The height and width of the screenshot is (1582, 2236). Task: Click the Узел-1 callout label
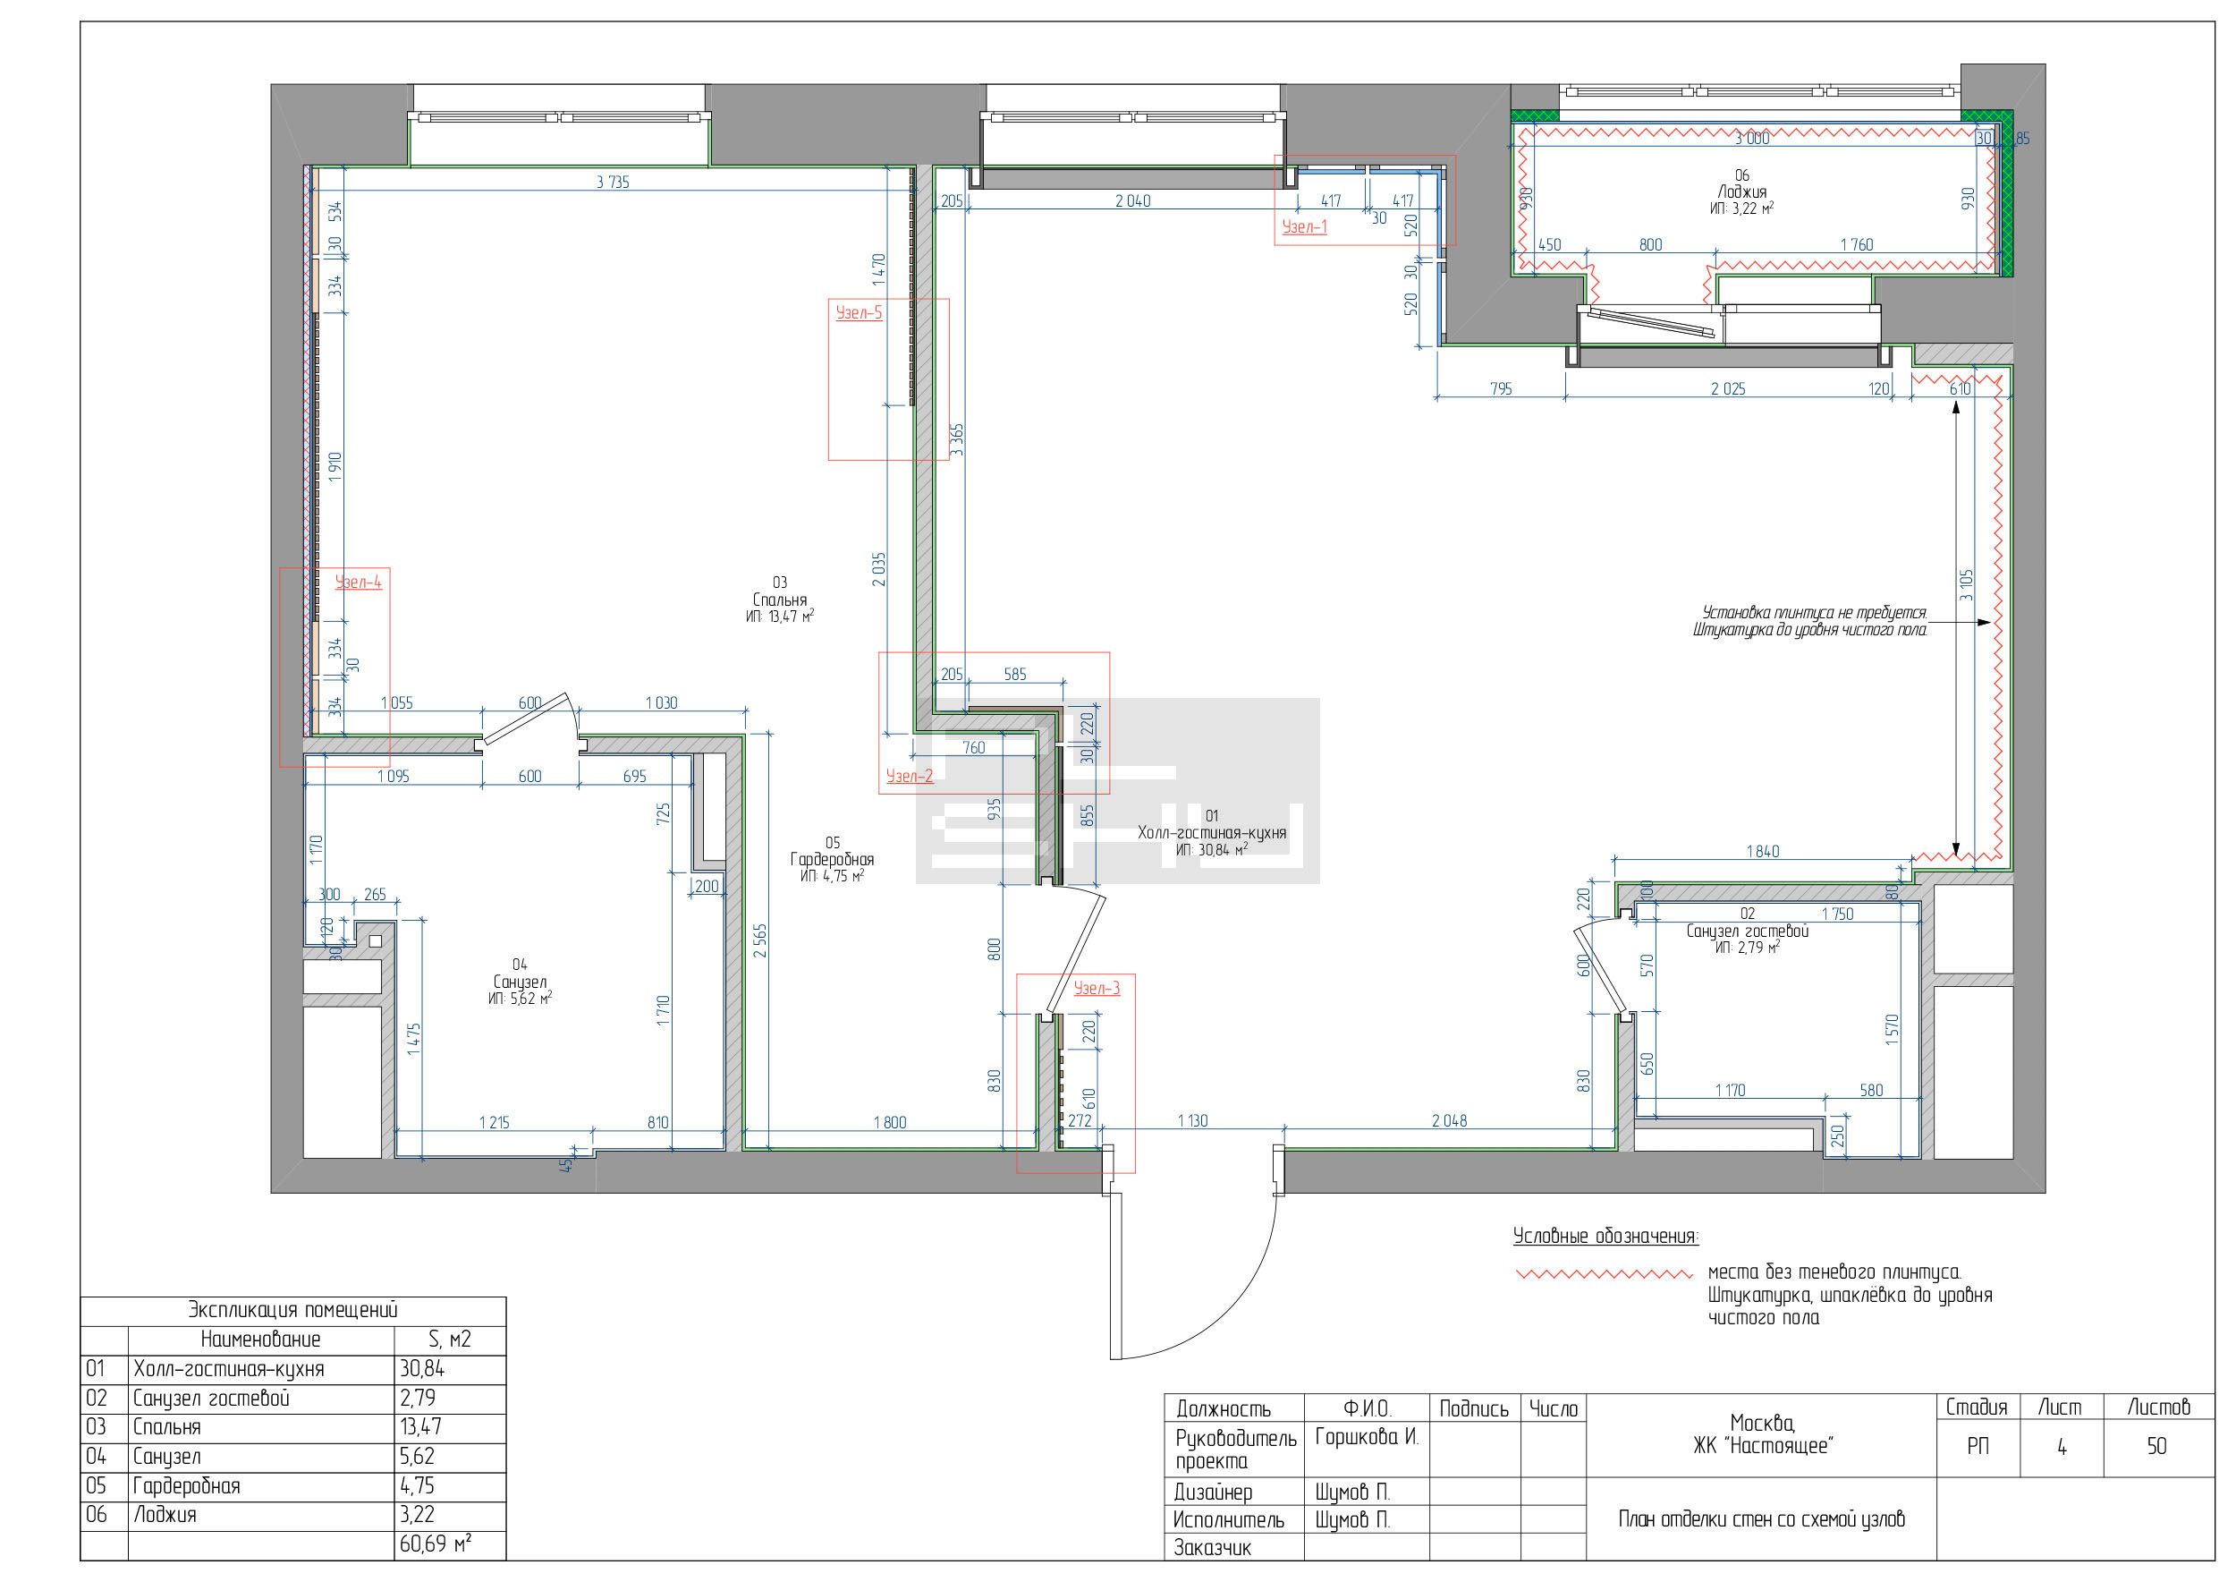coord(1304,227)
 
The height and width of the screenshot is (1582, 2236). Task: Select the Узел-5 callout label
coord(858,312)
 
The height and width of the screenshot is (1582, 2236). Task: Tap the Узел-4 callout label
coord(358,583)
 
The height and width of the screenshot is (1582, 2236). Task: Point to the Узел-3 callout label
coord(1097,989)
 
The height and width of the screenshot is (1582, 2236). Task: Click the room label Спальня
coord(779,600)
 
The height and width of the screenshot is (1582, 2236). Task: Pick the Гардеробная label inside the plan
coord(832,859)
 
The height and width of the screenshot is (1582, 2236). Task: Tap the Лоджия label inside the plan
coord(1741,191)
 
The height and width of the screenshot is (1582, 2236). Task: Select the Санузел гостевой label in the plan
coord(1747,931)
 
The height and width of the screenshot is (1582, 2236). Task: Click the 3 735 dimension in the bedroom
coord(613,183)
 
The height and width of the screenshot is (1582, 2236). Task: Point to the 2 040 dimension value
coord(1132,201)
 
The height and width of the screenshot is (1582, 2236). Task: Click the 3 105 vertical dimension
coord(1966,585)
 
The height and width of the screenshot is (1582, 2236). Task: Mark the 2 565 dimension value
coord(759,941)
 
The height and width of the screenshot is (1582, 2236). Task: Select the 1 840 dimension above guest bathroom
coord(1763,851)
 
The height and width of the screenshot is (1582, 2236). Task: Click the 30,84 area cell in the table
coord(421,1369)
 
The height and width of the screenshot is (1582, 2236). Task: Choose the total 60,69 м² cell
coord(436,1544)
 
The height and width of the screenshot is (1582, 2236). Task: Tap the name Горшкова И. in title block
coord(1367,1437)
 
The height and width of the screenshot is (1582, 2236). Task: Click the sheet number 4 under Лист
coord(2062,1447)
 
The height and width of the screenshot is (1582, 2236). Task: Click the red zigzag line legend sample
coord(1604,1273)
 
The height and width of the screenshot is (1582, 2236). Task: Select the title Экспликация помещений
coord(292,1310)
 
